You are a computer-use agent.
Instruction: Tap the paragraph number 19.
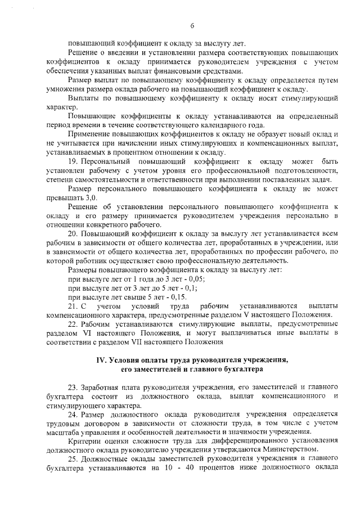coord(73,161)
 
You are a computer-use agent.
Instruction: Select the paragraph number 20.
coord(73,232)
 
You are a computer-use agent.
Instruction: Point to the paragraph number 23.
coord(73,388)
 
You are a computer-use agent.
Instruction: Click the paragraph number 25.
coord(73,458)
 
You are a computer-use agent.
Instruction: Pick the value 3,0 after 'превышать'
coord(91,199)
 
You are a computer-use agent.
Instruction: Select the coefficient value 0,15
coord(177,297)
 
